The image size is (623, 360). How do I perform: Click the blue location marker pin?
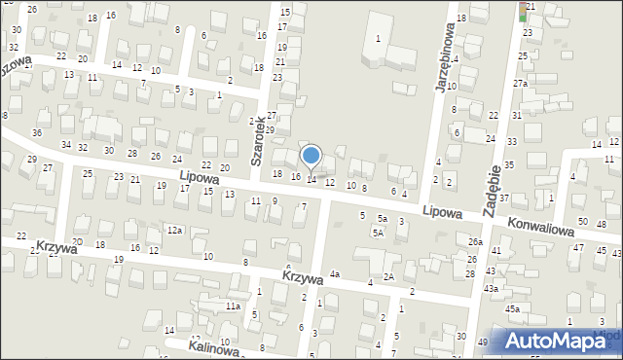311,156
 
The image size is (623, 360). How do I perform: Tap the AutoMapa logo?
556,341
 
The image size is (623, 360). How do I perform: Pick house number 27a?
521,83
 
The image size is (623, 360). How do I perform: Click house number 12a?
174,230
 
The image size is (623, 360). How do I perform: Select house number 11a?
233,306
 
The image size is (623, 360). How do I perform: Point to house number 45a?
512,308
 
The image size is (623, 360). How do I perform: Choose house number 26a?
475,241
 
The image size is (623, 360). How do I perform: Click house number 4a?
334,274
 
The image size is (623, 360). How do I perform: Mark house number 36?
37,132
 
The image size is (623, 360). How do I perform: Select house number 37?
504,198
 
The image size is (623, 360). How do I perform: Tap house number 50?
582,222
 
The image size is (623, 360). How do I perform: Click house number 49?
484,342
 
